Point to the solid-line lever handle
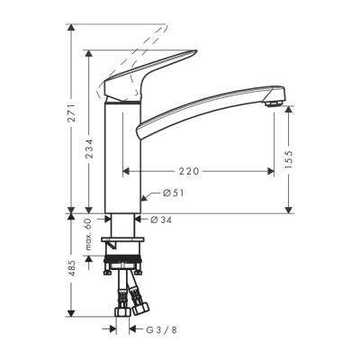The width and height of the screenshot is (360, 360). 126,88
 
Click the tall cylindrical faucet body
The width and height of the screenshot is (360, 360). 124,157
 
